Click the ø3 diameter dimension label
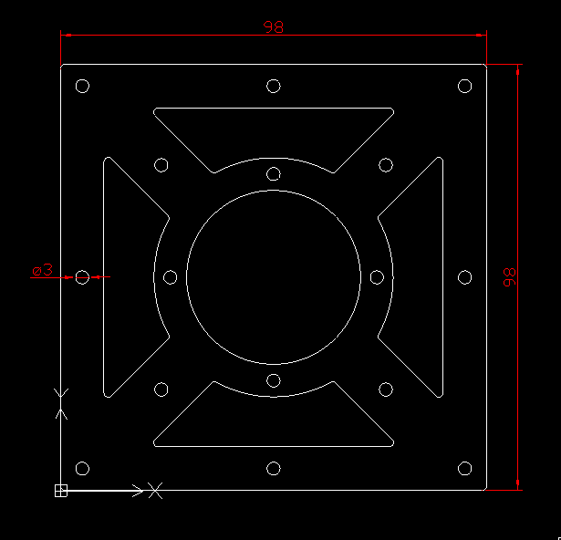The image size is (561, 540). point(42,270)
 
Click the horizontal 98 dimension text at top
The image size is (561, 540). point(273,27)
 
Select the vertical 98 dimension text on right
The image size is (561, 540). point(509,277)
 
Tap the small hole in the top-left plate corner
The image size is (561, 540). point(82,87)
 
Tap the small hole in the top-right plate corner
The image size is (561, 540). point(464,87)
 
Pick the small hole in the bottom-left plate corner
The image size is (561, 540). point(82,469)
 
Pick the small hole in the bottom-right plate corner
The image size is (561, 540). point(464,469)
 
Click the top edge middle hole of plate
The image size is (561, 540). point(273,87)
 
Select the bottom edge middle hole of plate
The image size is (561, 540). point(273,469)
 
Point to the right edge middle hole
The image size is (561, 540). point(464,277)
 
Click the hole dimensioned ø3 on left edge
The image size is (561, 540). point(82,277)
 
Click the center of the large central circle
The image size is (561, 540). point(273,277)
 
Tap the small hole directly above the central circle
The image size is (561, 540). point(273,173)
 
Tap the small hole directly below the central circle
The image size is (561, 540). point(273,381)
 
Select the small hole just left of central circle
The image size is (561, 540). point(170,277)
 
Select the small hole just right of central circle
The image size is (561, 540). point(377,277)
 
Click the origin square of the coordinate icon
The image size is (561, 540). point(61,491)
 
